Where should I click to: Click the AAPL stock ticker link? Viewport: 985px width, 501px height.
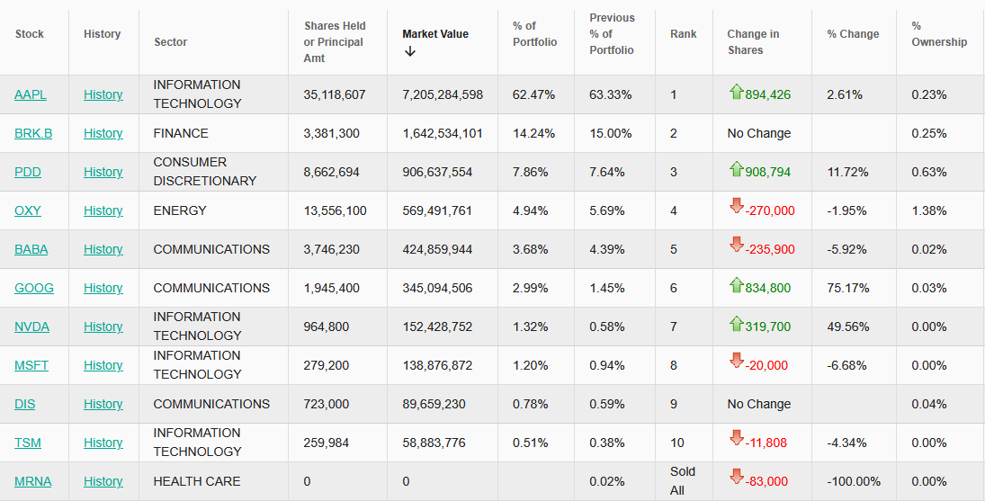[31, 94]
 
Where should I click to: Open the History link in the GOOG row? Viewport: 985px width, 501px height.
[103, 288]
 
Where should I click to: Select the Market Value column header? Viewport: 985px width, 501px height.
[435, 34]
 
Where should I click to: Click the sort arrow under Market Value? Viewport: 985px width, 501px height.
[410, 51]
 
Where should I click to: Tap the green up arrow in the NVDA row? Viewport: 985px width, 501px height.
[737, 324]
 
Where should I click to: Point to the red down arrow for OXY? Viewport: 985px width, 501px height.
[736, 208]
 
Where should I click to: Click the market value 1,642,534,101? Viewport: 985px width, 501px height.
[443, 133]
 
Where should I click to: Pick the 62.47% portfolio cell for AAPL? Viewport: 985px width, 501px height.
[533, 94]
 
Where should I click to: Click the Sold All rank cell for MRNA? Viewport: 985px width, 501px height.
[683, 480]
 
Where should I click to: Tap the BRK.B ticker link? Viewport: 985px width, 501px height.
[33, 133]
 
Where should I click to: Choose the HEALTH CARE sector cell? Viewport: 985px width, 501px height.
[197, 481]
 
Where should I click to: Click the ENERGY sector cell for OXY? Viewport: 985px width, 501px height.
[180, 210]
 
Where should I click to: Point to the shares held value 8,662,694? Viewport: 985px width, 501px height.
[332, 172]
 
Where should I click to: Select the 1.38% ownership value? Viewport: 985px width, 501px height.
[928, 210]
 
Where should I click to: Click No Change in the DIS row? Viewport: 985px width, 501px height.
[758, 404]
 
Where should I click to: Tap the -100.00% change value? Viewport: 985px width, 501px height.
[854, 481]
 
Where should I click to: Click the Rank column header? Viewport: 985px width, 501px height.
[683, 34]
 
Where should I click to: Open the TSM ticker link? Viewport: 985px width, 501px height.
[28, 443]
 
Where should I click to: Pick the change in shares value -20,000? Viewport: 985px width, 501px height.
[766, 365]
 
